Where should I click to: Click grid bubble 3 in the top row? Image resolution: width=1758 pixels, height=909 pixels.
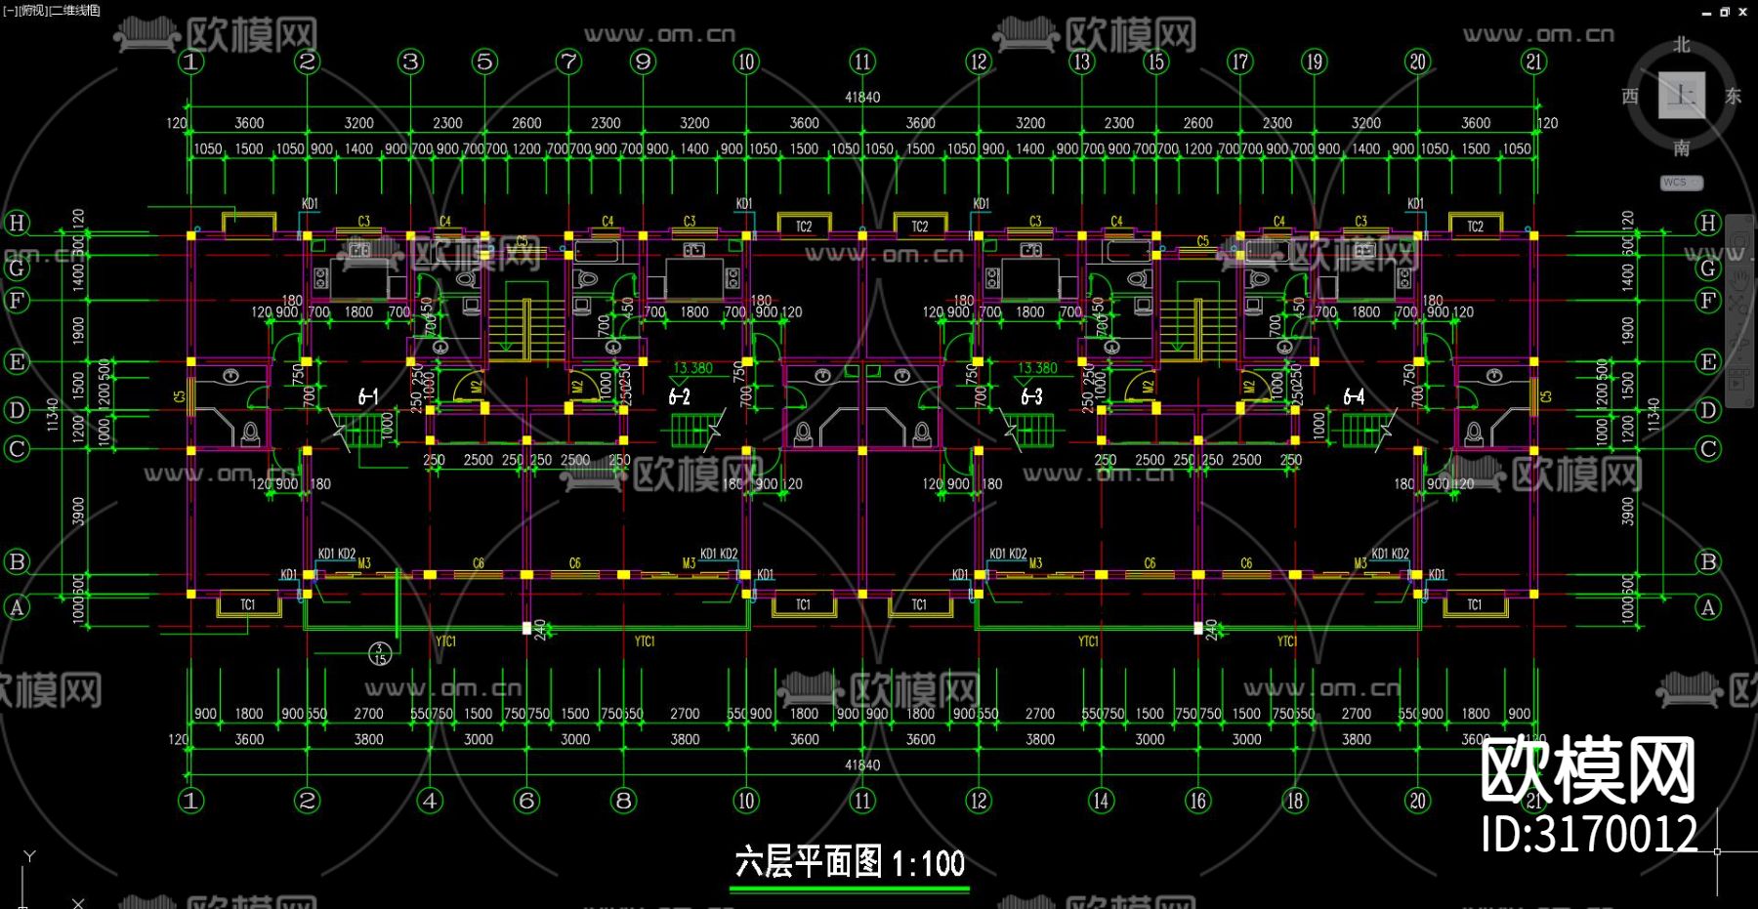coord(410,62)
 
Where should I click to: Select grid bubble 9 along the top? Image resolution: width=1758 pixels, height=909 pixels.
coord(643,62)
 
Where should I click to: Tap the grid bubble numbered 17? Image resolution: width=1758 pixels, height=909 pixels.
coord(1239,62)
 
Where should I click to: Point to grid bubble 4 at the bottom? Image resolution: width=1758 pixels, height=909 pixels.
coord(430,801)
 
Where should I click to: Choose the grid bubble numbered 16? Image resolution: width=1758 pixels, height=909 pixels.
coord(1197,801)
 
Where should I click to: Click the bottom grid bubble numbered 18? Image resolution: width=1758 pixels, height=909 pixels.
coord(1294,801)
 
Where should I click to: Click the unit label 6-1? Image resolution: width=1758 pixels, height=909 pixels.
coord(368,396)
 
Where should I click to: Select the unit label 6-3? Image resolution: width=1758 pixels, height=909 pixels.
coord(1031,396)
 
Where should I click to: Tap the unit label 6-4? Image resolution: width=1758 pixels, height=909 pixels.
coord(1354,396)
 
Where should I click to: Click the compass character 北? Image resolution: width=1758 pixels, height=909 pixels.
coord(1681,45)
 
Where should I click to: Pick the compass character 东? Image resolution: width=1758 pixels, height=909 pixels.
coord(1733,96)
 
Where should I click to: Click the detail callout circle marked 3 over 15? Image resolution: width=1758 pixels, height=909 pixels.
coord(380,652)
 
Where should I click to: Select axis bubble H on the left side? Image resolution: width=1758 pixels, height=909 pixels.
coord(17,223)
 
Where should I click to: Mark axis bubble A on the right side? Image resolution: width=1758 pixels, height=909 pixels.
coord(1707,607)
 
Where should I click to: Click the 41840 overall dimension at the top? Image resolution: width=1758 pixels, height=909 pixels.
coord(862,98)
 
